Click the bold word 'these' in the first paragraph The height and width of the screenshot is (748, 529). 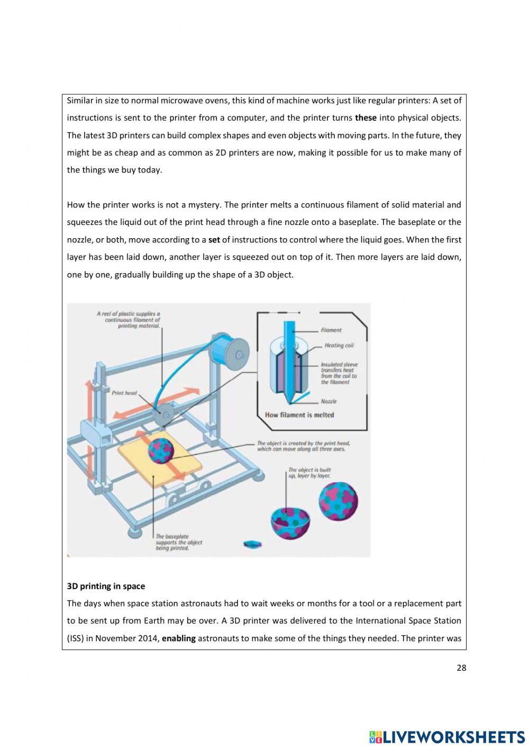click(x=366, y=118)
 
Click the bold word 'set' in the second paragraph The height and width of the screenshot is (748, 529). click(x=214, y=240)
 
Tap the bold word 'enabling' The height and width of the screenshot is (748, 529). click(x=179, y=638)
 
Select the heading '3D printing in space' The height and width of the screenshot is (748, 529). click(x=106, y=586)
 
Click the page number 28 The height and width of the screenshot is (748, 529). click(x=461, y=668)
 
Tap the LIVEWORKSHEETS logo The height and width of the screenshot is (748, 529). click(x=447, y=736)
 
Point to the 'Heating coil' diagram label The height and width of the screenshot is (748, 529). click(x=339, y=345)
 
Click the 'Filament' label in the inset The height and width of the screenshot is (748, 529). click(x=331, y=330)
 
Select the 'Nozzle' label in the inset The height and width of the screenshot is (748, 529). click(x=329, y=401)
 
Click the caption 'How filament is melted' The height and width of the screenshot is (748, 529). click(x=299, y=415)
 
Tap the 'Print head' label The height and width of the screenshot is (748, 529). click(x=124, y=393)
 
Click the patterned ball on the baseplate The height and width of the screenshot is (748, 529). click(x=161, y=450)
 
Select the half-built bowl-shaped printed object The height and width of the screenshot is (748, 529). click(x=290, y=522)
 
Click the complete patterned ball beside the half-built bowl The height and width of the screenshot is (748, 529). click(x=338, y=501)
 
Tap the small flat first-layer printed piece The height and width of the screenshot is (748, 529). click(x=252, y=544)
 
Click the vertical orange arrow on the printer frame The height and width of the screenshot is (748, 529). click(x=89, y=423)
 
